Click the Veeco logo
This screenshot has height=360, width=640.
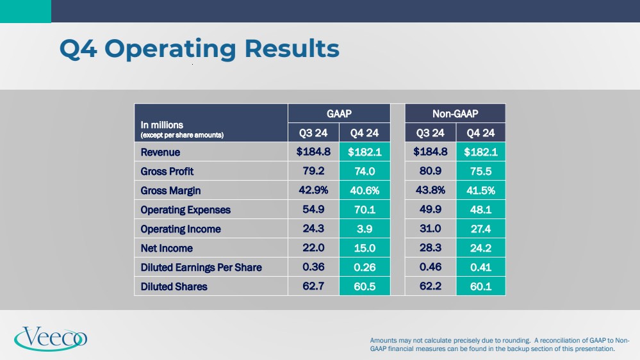click(x=51, y=338)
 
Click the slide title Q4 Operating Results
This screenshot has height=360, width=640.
click(x=199, y=49)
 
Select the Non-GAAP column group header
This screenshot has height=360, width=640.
click(x=455, y=113)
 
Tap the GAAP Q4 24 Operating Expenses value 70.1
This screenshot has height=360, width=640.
click(x=365, y=210)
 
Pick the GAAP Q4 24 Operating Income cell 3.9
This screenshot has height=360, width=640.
click(x=365, y=229)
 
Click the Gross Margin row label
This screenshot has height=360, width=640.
click(x=170, y=191)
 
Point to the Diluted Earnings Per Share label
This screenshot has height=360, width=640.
click(x=201, y=267)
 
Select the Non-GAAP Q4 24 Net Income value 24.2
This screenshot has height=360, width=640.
click(x=480, y=248)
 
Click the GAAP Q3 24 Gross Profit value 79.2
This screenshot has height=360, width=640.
click(x=314, y=172)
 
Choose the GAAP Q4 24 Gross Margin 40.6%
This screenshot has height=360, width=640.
click(x=365, y=191)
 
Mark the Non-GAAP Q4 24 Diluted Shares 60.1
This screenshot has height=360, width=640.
click(x=480, y=286)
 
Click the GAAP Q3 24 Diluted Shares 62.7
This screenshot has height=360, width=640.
click(x=314, y=286)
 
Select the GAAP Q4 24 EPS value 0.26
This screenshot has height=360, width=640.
click(x=365, y=267)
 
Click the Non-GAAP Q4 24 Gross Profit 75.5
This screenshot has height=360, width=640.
click(x=480, y=172)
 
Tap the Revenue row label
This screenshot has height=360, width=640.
click(x=160, y=152)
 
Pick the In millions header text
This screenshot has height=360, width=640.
click(x=162, y=125)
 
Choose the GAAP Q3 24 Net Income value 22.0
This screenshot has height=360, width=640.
click(x=314, y=248)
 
